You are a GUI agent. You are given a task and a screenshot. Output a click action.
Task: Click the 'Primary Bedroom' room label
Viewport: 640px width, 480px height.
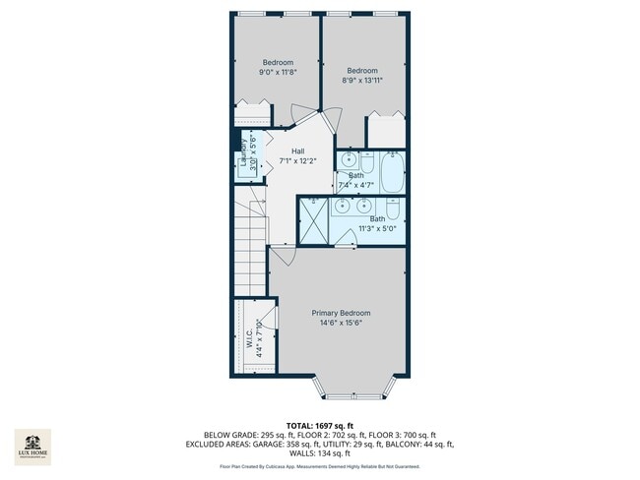[341, 313]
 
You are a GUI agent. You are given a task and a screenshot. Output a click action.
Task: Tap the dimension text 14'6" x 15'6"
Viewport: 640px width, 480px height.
[341, 323]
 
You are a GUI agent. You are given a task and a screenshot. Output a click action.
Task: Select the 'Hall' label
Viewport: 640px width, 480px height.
[297, 150]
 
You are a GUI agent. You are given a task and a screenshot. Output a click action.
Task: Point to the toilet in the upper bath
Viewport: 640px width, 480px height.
[366, 161]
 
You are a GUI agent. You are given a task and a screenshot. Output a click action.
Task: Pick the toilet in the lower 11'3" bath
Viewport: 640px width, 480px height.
[392, 208]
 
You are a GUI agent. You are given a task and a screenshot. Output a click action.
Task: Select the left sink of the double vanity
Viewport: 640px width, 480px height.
[342, 206]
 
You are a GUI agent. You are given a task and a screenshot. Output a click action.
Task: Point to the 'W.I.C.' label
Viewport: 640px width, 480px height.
[248, 337]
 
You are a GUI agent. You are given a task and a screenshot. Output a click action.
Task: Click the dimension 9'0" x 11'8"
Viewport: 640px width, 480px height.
[277, 72]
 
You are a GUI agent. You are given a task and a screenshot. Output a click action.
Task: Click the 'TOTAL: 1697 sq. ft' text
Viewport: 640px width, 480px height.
[319, 423]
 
